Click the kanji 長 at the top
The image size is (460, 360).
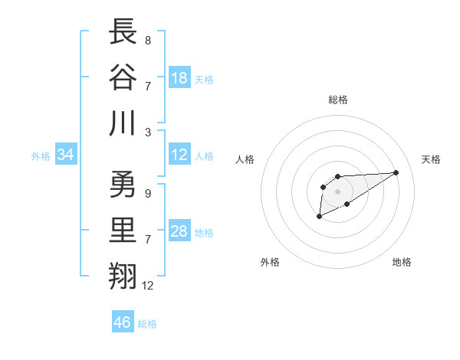(123, 31)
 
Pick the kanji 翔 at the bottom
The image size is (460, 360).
(123, 277)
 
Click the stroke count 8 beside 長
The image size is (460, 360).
(147, 40)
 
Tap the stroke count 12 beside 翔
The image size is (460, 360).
(148, 286)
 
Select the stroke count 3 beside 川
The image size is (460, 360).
(147, 131)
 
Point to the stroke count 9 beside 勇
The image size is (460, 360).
(147, 194)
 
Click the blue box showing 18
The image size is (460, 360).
(179, 77)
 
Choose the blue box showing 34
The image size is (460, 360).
(66, 155)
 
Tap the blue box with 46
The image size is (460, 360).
(123, 322)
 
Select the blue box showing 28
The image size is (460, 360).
(179, 232)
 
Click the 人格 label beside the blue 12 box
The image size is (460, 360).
(204, 156)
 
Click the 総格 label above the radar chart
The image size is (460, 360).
(338, 100)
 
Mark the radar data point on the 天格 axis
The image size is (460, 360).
(396, 172)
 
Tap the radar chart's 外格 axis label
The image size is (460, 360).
(270, 262)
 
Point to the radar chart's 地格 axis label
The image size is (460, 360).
(402, 262)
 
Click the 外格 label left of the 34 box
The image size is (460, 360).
(41, 156)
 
